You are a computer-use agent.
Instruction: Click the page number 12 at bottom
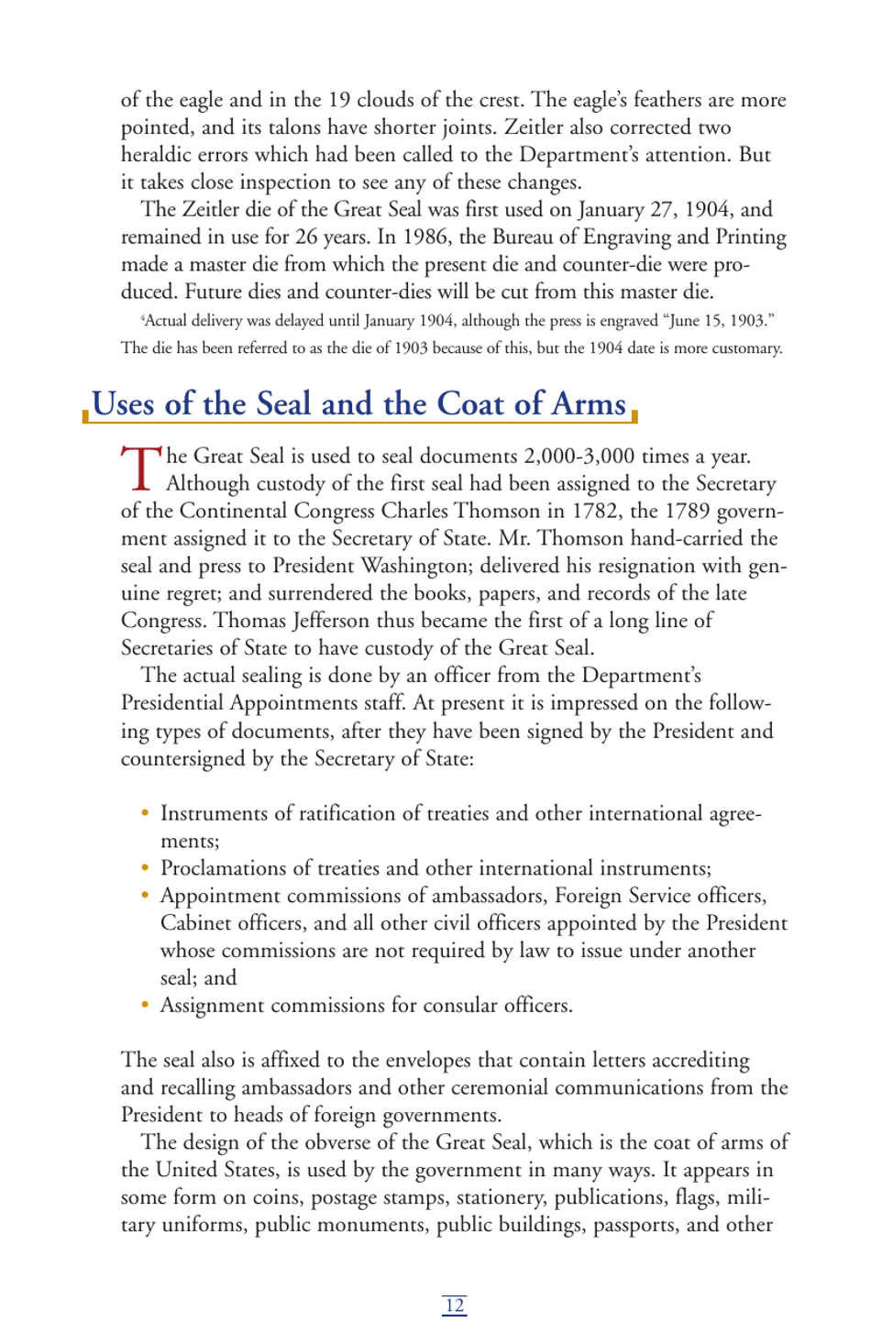[454, 1305]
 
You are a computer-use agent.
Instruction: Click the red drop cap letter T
[140, 468]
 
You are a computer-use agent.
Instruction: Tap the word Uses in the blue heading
[123, 404]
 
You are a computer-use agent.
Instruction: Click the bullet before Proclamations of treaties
[145, 867]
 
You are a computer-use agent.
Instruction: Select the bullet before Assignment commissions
[145, 1005]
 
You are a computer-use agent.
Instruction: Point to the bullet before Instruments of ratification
[145, 812]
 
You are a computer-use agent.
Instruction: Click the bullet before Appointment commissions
[145, 895]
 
